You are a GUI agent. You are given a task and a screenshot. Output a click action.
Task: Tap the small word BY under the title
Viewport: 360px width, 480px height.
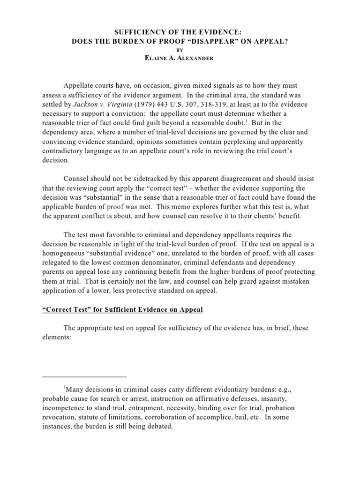tap(180, 49)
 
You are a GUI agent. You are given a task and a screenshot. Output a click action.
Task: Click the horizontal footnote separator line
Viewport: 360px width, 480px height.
tap(84, 376)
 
